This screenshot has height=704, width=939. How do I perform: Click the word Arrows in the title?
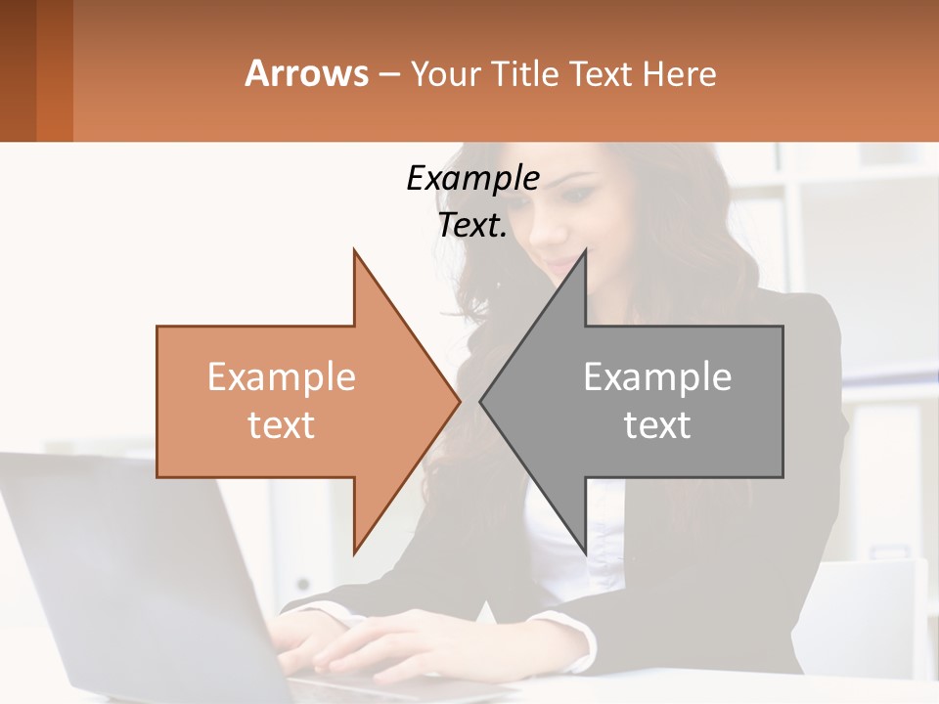(306, 73)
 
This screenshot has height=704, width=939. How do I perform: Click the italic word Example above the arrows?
(472, 179)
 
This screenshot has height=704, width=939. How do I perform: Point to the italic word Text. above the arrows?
(472, 226)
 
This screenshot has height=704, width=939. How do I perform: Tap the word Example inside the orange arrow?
(281, 377)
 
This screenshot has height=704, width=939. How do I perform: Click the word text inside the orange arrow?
(281, 425)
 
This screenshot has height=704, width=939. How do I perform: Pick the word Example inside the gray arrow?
(657, 377)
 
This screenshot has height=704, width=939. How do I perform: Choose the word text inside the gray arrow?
(657, 425)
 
